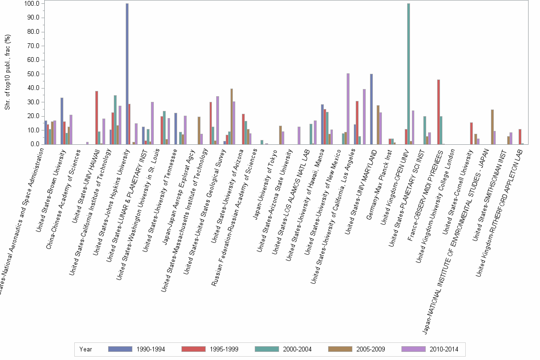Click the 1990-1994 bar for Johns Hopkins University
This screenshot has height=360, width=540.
coord(127,74)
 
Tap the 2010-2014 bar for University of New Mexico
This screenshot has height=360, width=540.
coord(348,109)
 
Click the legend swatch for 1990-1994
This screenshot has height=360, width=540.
coord(120,349)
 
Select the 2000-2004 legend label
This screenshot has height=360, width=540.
coord(298,349)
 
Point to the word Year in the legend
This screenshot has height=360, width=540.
coord(86,349)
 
